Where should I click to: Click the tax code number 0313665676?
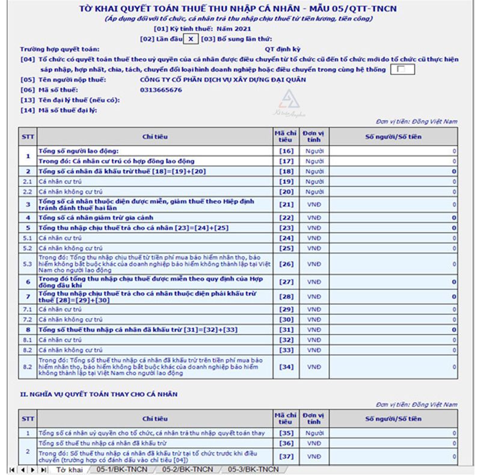pyautogui.click(x=160, y=90)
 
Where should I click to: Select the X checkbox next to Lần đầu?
pyautogui.click(x=190, y=38)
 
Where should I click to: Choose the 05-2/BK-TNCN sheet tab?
pyautogui.click(x=188, y=469)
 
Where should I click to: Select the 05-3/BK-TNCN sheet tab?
pyautogui.click(x=253, y=469)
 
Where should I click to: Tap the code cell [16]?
pyautogui.click(x=286, y=151)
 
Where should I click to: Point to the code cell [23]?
pyautogui.click(x=286, y=228)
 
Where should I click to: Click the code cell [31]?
pyautogui.click(x=286, y=329)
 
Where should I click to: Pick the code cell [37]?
pyautogui.click(x=286, y=456)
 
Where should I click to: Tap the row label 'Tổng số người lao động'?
pyautogui.click(x=79, y=150)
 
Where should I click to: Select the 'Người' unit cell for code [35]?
pyautogui.click(x=314, y=432)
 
